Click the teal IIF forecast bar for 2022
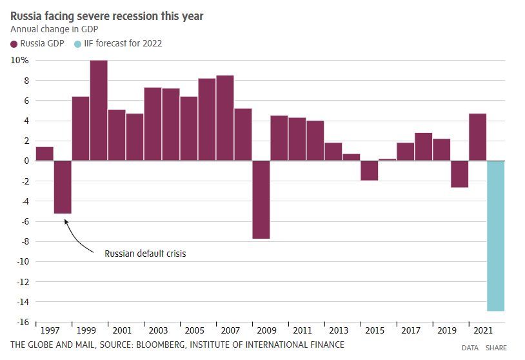[495, 235]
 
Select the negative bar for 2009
[261, 199]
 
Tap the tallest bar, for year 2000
[99, 110]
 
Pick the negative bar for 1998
[63, 186]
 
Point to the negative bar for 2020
[459, 174]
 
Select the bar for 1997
[45, 154]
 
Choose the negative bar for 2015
[369, 170]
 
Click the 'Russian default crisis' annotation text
[145, 254]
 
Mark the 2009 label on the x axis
[267, 331]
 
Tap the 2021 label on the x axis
[483, 331]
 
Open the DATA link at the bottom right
[470, 348]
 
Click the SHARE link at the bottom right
[496, 348]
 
